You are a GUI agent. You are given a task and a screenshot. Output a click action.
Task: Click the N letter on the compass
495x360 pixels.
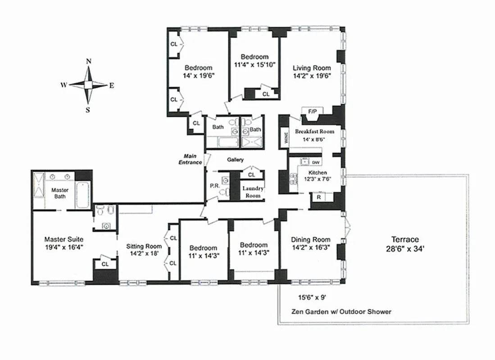tap(89, 61)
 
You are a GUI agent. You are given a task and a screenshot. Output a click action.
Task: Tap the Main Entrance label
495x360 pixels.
tap(189, 159)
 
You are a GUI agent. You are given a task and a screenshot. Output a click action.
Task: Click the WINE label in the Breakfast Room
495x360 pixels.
tap(285, 138)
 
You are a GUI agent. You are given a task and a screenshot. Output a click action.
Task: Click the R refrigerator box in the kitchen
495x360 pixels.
tap(319, 197)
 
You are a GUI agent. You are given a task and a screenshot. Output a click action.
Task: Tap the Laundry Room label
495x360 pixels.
tap(253, 192)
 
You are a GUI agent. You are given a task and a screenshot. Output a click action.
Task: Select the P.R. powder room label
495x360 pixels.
tap(214, 185)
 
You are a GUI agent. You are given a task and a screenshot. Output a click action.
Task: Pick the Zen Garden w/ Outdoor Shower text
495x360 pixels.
tap(341, 311)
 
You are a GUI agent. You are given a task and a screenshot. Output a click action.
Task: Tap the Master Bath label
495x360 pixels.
tap(59, 193)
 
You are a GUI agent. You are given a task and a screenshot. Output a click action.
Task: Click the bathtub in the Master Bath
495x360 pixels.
tap(83, 194)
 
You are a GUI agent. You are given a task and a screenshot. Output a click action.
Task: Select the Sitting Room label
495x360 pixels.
tap(144, 246)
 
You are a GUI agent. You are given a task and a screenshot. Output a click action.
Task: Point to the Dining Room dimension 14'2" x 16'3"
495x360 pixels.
tap(310, 247)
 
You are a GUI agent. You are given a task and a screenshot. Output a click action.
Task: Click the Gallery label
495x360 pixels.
tap(235, 160)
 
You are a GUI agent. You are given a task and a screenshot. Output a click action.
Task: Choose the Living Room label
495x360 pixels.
tap(312, 68)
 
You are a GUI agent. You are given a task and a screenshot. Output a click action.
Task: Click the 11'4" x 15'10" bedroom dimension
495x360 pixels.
tap(254, 65)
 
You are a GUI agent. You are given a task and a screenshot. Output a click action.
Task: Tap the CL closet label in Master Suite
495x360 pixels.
tap(104, 264)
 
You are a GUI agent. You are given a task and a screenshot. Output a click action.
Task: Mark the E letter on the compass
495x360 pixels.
tap(111, 85)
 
